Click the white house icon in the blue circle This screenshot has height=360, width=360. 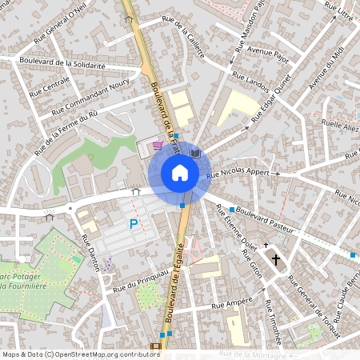click(x=180, y=173)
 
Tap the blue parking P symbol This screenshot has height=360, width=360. click(x=134, y=225)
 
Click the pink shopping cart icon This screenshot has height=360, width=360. click(x=158, y=146)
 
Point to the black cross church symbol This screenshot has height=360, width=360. click(x=278, y=259)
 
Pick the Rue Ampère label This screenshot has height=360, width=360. click(x=227, y=305)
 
